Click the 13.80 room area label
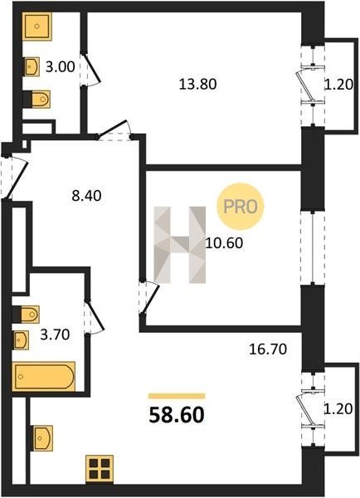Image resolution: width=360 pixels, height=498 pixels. click(x=197, y=85)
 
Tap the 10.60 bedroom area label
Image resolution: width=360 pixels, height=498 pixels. click(x=225, y=243)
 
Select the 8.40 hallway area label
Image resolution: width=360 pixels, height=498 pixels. click(x=86, y=196)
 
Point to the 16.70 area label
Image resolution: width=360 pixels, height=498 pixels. click(x=268, y=349)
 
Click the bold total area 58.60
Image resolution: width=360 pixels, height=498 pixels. click(x=177, y=415)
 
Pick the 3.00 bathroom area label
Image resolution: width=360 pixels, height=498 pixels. click(x=60, y=67)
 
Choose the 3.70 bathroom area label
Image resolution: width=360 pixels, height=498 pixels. click(x=55, y=334)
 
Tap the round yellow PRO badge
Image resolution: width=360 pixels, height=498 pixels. click(x=240, y=207)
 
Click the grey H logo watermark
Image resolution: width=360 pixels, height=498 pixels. click(x=180, y=245)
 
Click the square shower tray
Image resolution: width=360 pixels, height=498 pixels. click(x=37, y=27)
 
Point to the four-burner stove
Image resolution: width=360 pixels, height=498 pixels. click(x=100, y=468)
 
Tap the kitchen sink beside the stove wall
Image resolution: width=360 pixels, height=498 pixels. click(x=43, y=438)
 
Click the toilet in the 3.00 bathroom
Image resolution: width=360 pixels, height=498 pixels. click(x=37, y=99)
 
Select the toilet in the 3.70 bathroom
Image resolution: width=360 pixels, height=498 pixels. click(x=26, y=315)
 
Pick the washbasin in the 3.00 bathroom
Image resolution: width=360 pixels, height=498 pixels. click(x=32, y=66)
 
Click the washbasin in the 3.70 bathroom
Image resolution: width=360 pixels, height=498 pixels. click(x=21, y=340)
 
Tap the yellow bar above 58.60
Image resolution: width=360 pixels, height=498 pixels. click(x=177, y=396)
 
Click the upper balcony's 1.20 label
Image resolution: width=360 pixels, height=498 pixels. click(x=338, y=85)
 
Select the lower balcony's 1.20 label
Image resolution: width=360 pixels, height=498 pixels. click(x=338, y=408)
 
